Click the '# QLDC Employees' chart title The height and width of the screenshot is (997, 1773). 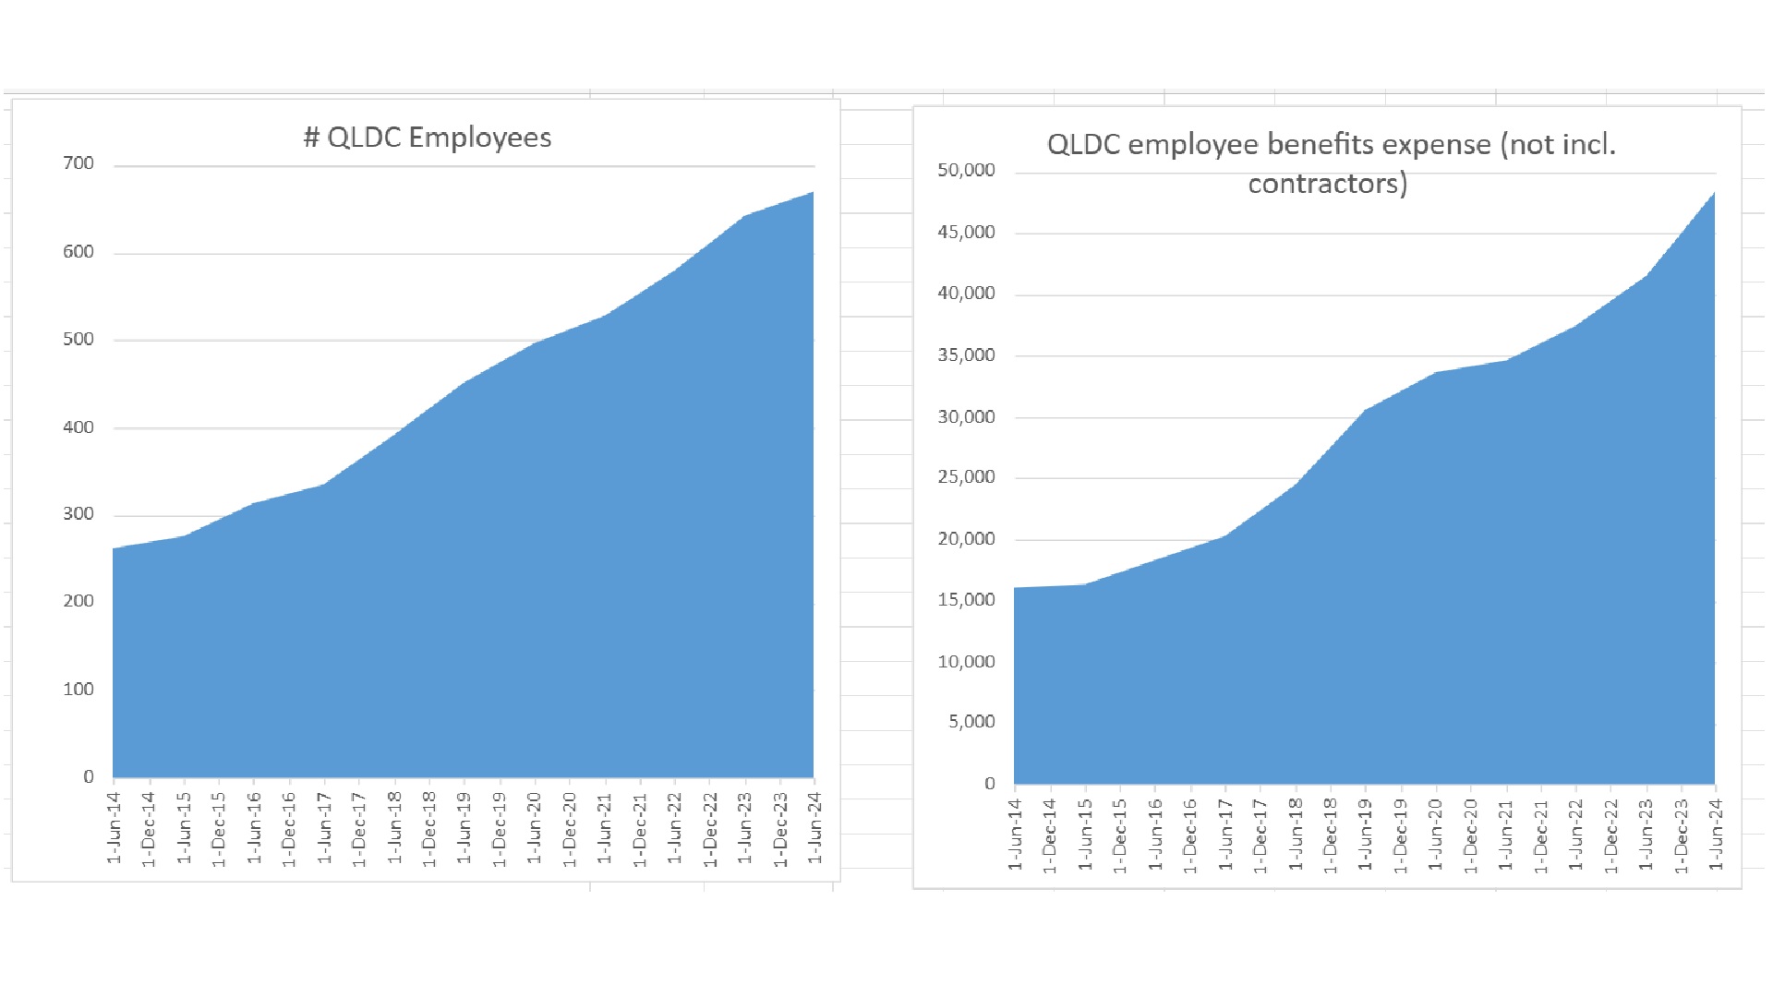pyautogui.click(x=428, y=138)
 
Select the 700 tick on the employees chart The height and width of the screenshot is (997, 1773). pyautogui.click(x=78, y=163)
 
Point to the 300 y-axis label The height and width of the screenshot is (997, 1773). pyautogui.click(x=78, y=514)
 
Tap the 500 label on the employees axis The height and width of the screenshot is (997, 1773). pyautogui.click(x=78, y=339)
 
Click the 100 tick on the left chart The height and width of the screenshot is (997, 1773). pyautogui.click(x=78, y=690)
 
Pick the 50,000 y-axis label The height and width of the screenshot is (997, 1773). pyautogui.click(x=966, y=170)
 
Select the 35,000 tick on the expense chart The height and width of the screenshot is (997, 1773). pyautogui.click(x=966, y=355)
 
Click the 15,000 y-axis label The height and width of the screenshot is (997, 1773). pyautogui.click(x=966, y=600)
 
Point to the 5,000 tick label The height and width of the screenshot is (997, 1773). pyautogui.click(x=971, y=722)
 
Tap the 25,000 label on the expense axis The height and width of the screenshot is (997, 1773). pyautogui.click(x=966, y=477)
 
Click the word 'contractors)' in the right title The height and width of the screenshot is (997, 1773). pyautogui.click(x=1327, y=184)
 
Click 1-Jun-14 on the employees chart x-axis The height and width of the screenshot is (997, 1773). pyautogui.click(x=115, y=828)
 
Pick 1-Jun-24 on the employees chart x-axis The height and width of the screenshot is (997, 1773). pyautogui.click(x=814, y=828)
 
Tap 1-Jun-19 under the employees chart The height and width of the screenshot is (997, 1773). pyautogui.click(x=464, y=828)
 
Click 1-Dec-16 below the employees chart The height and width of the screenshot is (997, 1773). pyautogui.click(x=289, y=828)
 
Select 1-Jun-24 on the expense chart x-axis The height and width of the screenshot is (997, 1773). pyautogui.click(x=1716, y=835)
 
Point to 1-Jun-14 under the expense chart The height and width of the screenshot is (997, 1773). pyautogui.click(x=1016, y=835)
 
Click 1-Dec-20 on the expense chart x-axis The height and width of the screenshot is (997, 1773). pyautogui.click(x=1471, y=835)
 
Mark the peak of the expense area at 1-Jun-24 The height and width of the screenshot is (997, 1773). pyautogui.click(x=1714, y=193)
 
